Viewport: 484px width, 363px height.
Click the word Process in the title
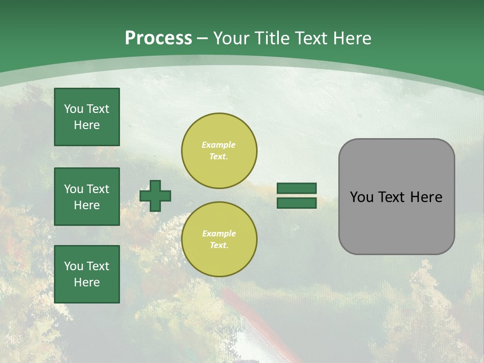click(158, 38)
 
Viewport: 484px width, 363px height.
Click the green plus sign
click(155, 196)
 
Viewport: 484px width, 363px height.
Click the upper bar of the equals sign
click(297, 188)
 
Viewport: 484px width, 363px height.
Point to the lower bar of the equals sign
click(297, 203)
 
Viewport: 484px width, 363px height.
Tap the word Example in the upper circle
click(219, 145)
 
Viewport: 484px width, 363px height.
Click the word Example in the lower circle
click(219, 233)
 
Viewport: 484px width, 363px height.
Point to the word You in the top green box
click(74, 109)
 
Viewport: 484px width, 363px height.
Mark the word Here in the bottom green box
click(87, 282)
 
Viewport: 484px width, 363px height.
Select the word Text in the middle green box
click(98, 189)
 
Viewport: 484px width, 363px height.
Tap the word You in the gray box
click(361, 197)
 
